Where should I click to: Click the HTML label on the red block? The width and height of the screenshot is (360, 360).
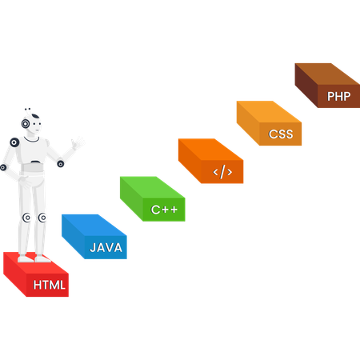tap(49, 283)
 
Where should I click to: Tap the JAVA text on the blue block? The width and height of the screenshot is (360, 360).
tap(106, 248)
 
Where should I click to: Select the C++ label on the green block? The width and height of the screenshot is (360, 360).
tap(164, 211)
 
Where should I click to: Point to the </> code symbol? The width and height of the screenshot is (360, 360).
tap(222, 172)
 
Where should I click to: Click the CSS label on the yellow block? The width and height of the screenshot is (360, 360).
tap(281, 134)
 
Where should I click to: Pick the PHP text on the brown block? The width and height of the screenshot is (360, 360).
tap(338, 96)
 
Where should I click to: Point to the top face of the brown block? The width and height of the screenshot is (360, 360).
tap(316, 73)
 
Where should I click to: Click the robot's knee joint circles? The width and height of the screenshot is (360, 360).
tap(34, 218)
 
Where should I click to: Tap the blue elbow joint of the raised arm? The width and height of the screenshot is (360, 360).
tap(60, 164)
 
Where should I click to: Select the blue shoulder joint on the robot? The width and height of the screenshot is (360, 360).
tap(14, 141)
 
